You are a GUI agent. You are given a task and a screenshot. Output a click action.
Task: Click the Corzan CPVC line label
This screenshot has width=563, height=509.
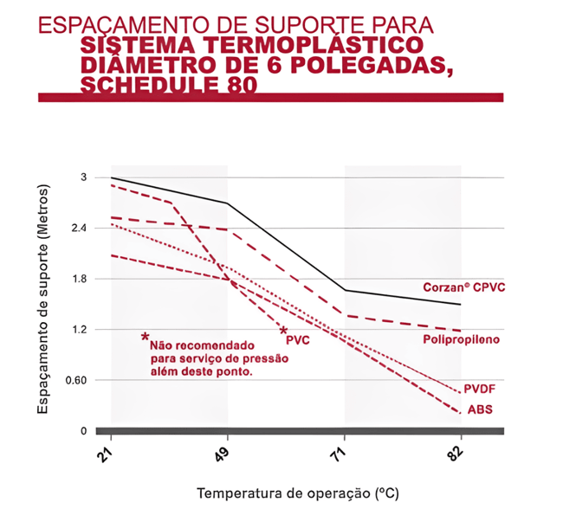463,287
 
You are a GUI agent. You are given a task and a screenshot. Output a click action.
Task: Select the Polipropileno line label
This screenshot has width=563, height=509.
461,339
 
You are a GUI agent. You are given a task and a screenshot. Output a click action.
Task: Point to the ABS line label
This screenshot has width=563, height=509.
481,409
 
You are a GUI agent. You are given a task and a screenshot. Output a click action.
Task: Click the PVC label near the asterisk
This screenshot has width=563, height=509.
297,339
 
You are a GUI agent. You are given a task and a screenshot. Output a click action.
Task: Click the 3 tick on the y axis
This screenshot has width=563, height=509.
85,177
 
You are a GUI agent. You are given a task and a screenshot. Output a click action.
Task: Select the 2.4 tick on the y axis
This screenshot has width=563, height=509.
80,228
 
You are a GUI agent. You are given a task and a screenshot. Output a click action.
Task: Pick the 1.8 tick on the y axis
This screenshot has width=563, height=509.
80,279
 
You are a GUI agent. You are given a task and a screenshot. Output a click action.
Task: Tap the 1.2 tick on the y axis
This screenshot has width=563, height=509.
80,329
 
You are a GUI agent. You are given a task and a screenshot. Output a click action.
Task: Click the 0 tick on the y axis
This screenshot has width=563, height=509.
84,430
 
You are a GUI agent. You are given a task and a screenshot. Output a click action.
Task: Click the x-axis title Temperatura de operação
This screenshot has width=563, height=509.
298,493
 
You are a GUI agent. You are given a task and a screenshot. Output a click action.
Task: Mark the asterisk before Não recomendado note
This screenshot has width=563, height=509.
145,338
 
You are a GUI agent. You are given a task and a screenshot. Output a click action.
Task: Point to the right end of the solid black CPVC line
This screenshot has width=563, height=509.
461,305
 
